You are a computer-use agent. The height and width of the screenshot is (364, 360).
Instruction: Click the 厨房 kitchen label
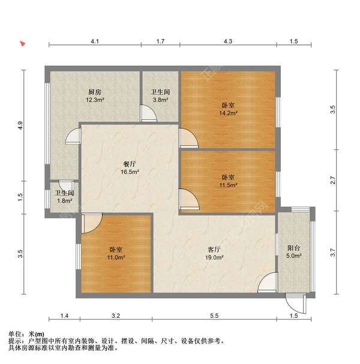pyautogui.click(x=94, y=92)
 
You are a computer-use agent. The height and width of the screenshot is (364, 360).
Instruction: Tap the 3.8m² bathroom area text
pyautogui.click(x=160, y=100)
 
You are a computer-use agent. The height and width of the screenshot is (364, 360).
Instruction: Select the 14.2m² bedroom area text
pyautogui.click(x=229, y=112)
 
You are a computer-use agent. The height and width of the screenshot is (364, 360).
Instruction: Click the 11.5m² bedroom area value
pyautogui.click(x=229, y=185)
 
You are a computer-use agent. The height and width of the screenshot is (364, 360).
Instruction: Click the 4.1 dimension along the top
pyautogui.click(x=95, y=41)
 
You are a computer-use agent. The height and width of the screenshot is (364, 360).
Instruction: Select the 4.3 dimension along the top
pyautogui.click(x=229, y=41)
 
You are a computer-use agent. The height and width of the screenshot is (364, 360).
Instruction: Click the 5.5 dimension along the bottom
pyautogui.click(x=215, y=315)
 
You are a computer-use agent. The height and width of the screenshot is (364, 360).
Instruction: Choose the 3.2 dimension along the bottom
pyautogui.click(x=116, y=315)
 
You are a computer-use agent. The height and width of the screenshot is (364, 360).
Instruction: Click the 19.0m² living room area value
pyautogui.click(x=215, y=257)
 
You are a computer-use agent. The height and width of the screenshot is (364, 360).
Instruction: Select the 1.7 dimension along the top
pyautogui.click(x=160, y=41)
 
